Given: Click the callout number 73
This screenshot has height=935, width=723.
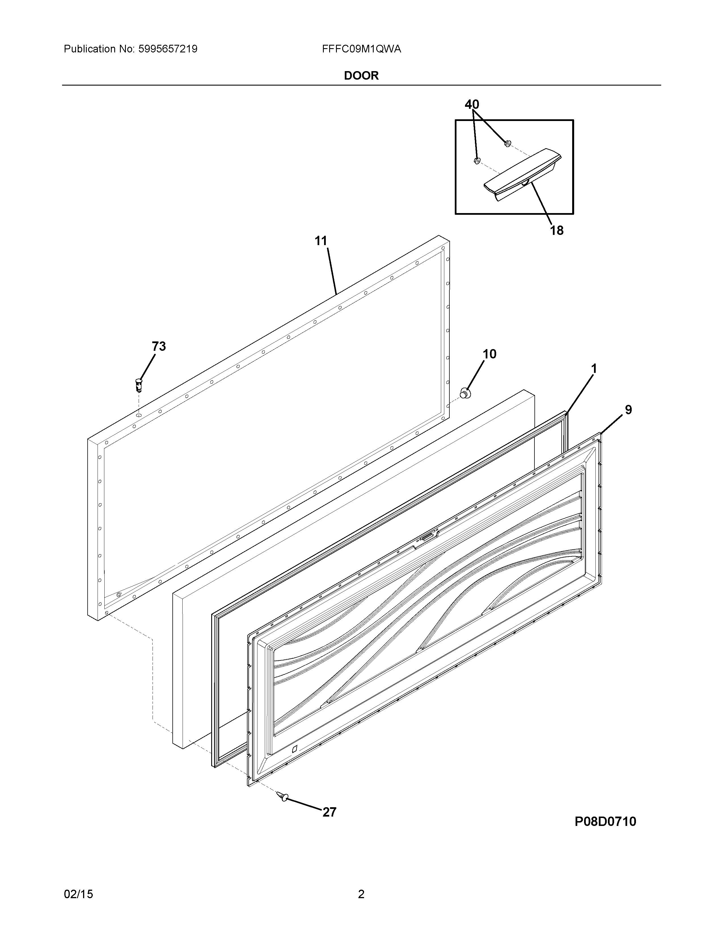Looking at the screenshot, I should tap(158, 346).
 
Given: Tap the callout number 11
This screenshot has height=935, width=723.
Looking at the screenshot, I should tap(321, 241).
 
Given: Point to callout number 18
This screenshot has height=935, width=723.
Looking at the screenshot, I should tap(556, 231).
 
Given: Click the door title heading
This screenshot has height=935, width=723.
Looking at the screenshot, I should tap(361, 76).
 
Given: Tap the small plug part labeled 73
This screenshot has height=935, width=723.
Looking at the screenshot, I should tap(138, 384).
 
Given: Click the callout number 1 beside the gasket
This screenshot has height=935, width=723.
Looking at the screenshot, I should tap(594, 369).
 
